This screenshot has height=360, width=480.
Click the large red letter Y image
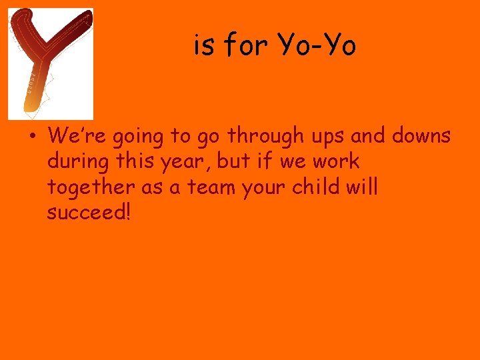pyautogui.click(x=49, y=63)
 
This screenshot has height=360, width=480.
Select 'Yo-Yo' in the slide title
pyautogui.click(x=317, y=45)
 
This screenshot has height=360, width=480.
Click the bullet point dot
pyautogui.click(x=31, y=137)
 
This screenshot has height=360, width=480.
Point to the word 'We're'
pyautogui.click(x=78, y=136)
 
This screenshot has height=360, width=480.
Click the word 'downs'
pyautogui.click(x=421, y=136)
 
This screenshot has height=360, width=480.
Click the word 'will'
pyautogui.click(x=363, y=187)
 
